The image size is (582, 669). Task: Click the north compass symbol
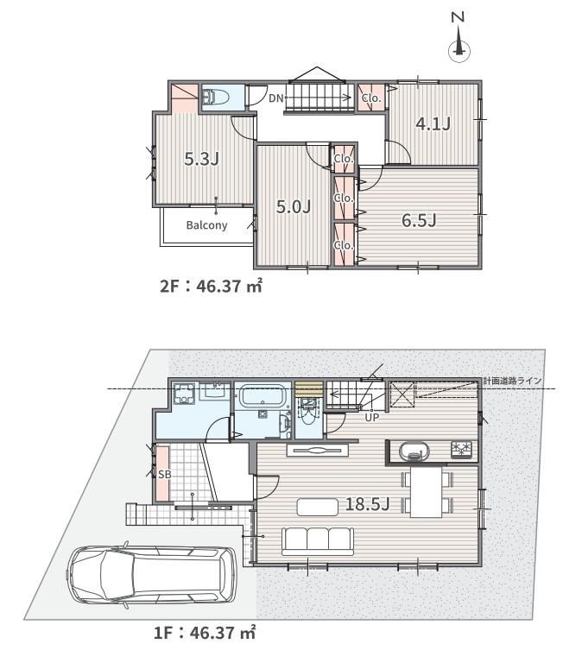point(459,37)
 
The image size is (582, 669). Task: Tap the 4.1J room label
point(433,124)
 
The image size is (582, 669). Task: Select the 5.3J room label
point(202,159)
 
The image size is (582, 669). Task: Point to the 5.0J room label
point(293,207)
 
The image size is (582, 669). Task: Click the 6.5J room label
point(419,221)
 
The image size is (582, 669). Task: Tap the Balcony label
point(206,224)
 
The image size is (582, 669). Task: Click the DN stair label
point(276,98)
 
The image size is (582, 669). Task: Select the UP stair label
point(371,417)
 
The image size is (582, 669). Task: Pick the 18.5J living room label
point(367,504)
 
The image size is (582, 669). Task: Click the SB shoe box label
point(165,474)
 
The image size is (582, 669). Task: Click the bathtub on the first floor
point(262,396)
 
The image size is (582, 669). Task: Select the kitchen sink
point(414,451)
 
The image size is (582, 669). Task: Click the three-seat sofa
point(318,541)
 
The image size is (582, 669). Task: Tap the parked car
point(152,574)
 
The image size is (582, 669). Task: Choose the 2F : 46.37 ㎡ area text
point(211,286)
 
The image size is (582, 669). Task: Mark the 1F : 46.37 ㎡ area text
point(205,632)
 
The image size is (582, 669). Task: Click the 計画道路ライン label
point(512,381)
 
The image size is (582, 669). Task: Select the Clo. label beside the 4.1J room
point(371,98)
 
